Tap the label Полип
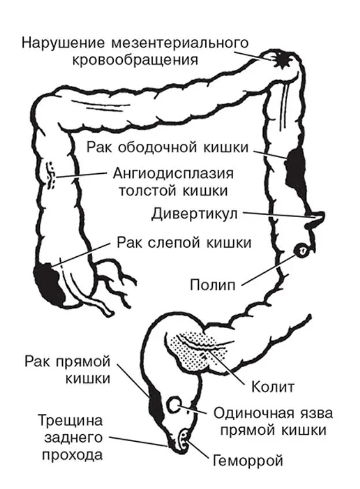[213, 285]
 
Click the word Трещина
[70, 420]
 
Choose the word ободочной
[154, 147]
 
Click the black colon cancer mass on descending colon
[297, 167]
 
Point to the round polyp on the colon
[302, 250]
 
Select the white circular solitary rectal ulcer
[174, 405]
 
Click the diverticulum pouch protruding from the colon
[316, 217]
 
